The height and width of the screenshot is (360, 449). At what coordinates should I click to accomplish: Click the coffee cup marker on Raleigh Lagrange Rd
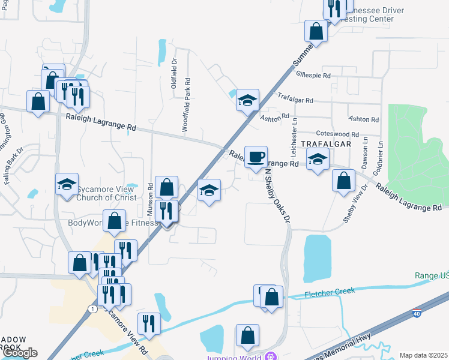(x=256, y=157)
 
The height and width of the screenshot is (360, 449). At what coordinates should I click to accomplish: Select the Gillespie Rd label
(x=313, y=76)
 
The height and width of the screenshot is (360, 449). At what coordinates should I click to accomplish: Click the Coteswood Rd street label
(x=337, y=134)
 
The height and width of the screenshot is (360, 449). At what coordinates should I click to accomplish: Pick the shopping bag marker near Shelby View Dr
(x=343, y=181)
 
